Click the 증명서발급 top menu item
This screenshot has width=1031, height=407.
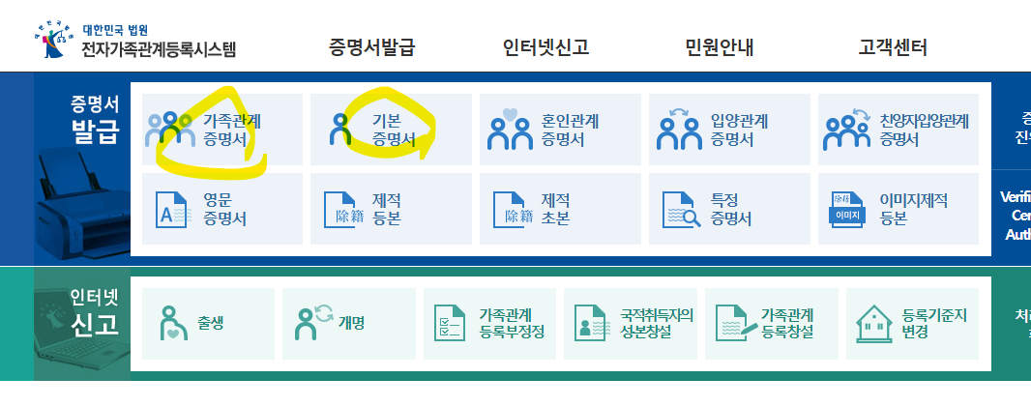(x=371, y=46)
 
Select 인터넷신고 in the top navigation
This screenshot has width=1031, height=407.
(x=545, y=46)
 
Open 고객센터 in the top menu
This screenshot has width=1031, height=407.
(x=893, y=46)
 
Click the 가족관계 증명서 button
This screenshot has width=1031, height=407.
(x=221, y=130)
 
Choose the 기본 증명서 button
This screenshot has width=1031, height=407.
(x=391, y=130)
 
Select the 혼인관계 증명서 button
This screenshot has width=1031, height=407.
(x=560, y=130)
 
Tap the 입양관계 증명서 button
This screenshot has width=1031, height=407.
(x=729, y=130)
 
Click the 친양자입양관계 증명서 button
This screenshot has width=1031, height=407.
(x=898, y=130)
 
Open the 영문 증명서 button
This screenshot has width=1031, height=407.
(x=221, y=209)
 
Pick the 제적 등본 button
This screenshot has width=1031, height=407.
(x=391, y=209)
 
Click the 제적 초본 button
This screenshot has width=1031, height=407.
(x=560, y=209)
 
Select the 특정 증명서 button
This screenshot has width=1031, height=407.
(x=729, y=209)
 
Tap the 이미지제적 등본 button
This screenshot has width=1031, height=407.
(x=898, y=209)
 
